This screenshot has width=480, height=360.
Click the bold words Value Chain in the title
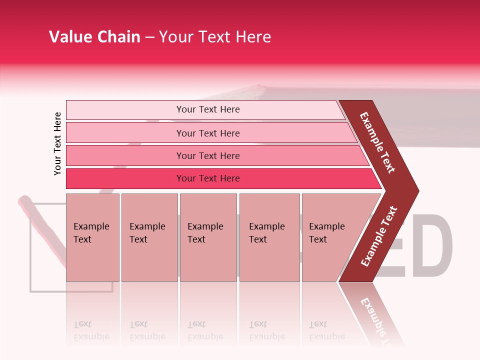[94, 37]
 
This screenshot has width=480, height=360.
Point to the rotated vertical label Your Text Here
[57, 143]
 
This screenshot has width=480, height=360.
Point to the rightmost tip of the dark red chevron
[417, 190]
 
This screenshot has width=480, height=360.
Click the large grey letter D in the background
[436, 245]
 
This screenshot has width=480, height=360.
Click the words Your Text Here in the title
[215, 37]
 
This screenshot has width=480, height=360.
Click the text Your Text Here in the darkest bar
[208, 178]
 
